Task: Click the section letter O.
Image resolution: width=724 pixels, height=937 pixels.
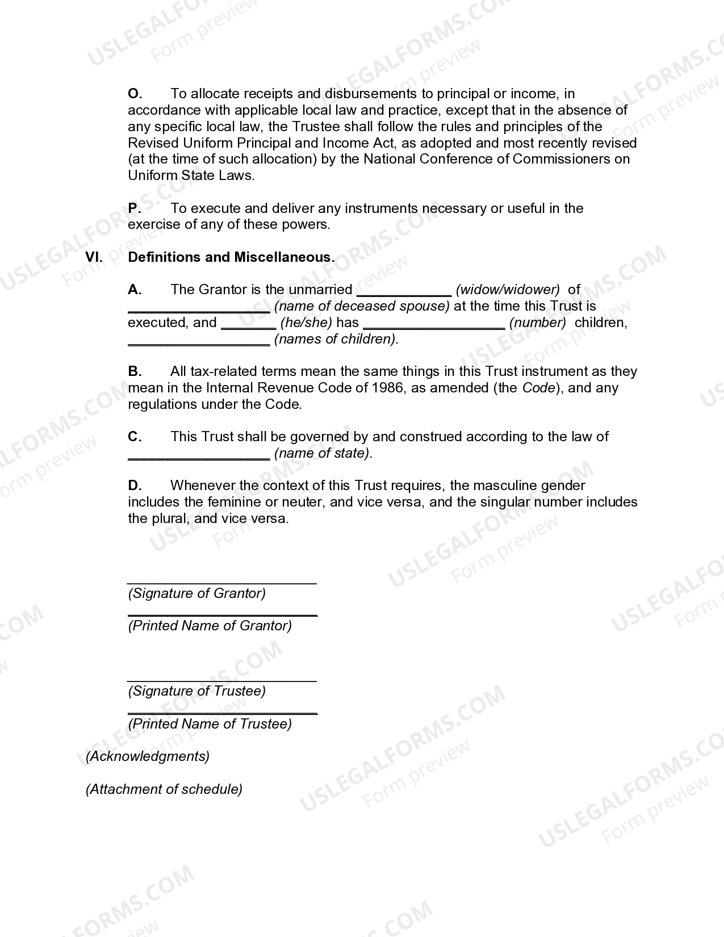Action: click(x=135, y=94)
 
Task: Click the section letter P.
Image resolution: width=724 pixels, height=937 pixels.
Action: click(x=134, y=208)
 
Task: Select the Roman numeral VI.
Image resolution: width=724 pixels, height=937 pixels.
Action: click(x=94, y=257)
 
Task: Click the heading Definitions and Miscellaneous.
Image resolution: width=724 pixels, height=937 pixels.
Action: click(x=231, y=257)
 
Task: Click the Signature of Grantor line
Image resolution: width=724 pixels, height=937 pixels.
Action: click(x=221, y=583)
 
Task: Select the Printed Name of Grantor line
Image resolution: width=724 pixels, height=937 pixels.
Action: click(x=222, y=615)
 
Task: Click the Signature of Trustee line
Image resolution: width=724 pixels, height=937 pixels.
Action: click(x=221, y=680)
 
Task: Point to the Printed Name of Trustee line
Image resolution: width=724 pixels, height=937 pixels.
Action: click(x=222, y=713)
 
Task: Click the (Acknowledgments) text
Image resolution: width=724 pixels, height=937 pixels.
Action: click(x=148, y=756)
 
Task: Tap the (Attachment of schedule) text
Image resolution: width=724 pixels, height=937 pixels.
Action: click(x=164, y=789)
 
